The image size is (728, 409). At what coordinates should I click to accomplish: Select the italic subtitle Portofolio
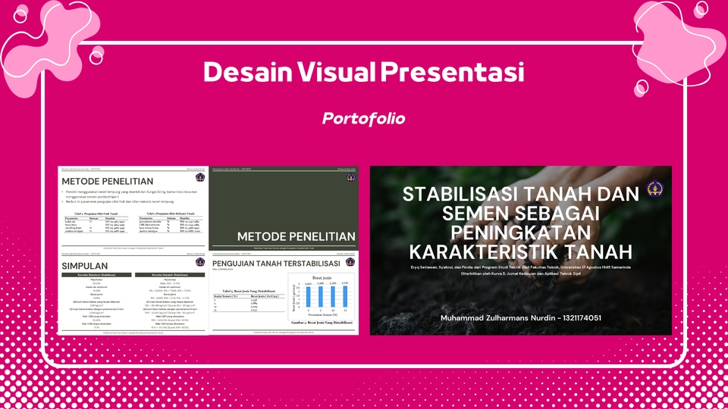pos(363,119)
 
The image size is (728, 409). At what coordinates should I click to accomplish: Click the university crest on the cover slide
pos(654,189)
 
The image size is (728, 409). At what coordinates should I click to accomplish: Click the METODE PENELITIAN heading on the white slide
pos(108,181)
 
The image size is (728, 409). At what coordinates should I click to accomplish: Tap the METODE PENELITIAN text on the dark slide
pos(296,236)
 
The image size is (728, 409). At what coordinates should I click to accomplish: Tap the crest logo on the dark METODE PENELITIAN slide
pos(350,177)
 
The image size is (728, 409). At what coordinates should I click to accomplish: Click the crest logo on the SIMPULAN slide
pos(199,262)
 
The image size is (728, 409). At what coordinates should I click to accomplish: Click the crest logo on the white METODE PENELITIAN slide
pos(199,177)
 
